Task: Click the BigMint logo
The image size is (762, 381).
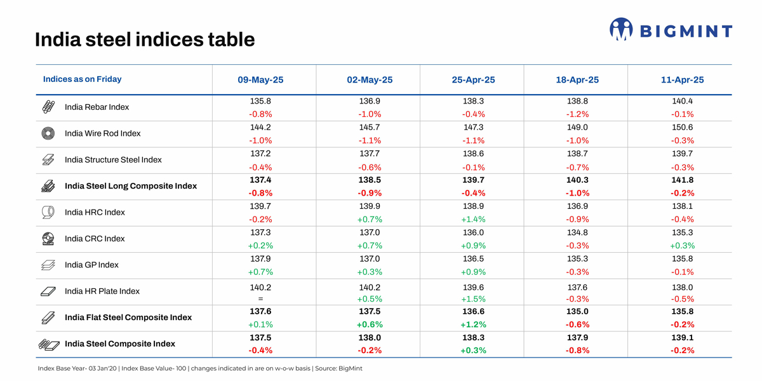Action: pos(671,30)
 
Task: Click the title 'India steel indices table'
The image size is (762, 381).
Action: pos(145,40)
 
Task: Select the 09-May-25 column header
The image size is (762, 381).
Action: pos(260,80)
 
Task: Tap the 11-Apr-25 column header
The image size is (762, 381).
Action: pos(682,80)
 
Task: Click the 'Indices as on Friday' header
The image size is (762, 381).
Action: pos(82,79)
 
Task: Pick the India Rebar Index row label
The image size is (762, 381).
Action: pos(97,107)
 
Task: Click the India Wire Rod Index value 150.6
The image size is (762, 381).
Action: pos(682,127)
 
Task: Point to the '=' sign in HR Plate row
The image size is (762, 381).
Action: pos(260,298)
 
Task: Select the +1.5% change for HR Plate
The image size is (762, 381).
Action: pos(474,298)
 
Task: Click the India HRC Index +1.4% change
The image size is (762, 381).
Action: pos(474,219)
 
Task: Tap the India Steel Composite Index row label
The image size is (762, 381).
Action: pos(120,344)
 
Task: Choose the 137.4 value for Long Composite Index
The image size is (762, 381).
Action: pos(260,180)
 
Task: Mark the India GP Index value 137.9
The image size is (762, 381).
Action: pos(260,259)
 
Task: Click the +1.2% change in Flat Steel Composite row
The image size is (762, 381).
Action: pos(474,324)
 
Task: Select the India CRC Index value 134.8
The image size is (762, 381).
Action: pos(578,232)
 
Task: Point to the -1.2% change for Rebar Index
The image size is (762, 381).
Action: pos(578,114)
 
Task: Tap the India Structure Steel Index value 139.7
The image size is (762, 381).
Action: pos(682,154)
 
